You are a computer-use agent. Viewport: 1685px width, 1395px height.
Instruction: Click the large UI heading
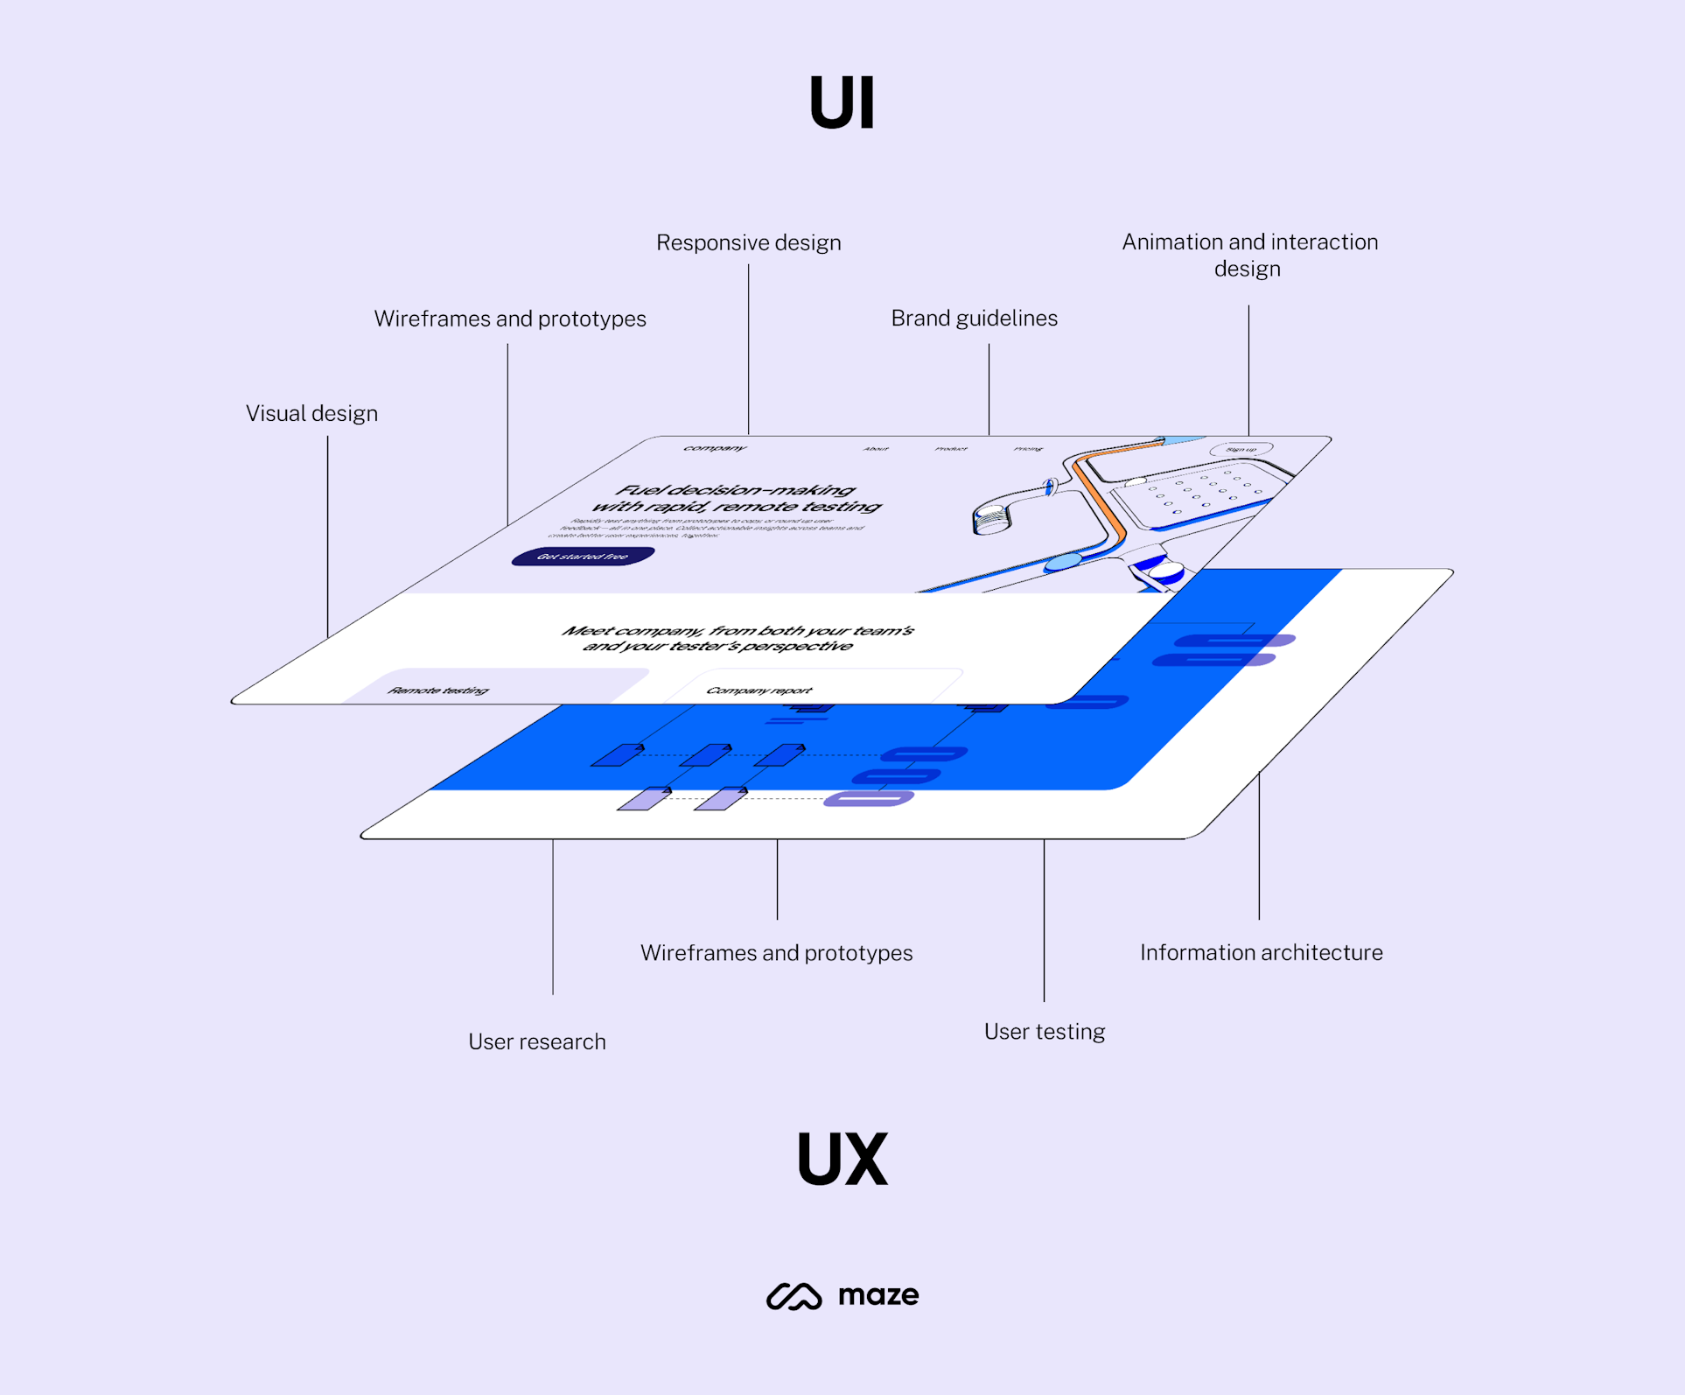pos(842,103)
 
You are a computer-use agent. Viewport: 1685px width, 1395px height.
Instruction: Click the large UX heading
pos(842,1159)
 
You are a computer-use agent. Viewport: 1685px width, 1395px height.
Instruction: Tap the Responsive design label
pos(748,242)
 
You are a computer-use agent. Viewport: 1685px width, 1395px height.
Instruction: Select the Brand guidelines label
pos(974,318)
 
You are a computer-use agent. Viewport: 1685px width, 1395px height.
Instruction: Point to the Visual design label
pos(311,413)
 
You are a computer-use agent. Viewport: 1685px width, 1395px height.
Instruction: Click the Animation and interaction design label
pos(1249,255)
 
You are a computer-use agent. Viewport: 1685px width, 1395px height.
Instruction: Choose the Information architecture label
pos(1261,952)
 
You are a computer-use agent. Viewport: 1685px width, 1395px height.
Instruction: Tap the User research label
pos(536,1041)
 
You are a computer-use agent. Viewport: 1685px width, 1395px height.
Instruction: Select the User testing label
pos(1044,1032)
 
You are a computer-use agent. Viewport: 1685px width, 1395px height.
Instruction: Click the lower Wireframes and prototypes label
pos(776,952)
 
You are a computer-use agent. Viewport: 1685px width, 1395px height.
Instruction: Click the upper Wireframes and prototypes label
pos(510,319)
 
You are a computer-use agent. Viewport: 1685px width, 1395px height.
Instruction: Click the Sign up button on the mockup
pos(1241,450)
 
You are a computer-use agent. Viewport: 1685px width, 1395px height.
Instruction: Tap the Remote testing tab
pos(438,690)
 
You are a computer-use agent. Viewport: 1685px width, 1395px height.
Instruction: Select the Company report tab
pos(759,690)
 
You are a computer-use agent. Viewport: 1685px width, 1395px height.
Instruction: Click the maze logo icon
pos(794,1296)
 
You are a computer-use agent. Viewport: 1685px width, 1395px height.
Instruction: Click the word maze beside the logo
pos(878,1295)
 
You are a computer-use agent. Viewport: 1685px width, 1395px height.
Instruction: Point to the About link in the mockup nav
pos(876,449)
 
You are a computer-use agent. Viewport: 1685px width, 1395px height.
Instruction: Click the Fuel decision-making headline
pos(736,498)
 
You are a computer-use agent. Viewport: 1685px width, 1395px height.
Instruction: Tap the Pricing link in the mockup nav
pos(1028,449)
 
